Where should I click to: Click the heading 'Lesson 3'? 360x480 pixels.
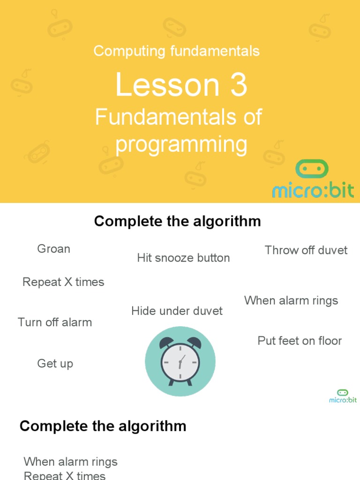point(181,85)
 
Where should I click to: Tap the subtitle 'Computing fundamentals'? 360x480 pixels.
point(176,51)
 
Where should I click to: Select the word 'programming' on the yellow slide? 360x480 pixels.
point(181,144)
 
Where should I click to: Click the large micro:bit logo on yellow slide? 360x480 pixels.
point(313,180)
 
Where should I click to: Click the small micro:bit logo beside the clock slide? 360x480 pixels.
point(343,396)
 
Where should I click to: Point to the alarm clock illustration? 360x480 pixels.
point(180,361)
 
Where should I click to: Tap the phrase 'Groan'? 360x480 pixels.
point(53,249)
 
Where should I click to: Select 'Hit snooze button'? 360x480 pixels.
point(183,258)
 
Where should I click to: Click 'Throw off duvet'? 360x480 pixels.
point(306,250)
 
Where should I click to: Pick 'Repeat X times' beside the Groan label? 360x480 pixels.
point(63,282)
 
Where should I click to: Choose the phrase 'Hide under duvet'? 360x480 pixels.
point(177,311)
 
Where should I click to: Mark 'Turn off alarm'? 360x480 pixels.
point(55,322)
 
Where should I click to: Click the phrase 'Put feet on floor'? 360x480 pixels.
point(300,341)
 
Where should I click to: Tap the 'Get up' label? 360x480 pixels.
point(55,364)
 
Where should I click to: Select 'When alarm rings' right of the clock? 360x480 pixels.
point(291,300)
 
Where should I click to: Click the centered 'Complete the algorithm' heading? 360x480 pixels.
point(177,221)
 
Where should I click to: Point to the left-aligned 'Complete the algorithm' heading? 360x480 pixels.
point(103,426)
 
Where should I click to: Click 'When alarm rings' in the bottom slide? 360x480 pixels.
point(70,462)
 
